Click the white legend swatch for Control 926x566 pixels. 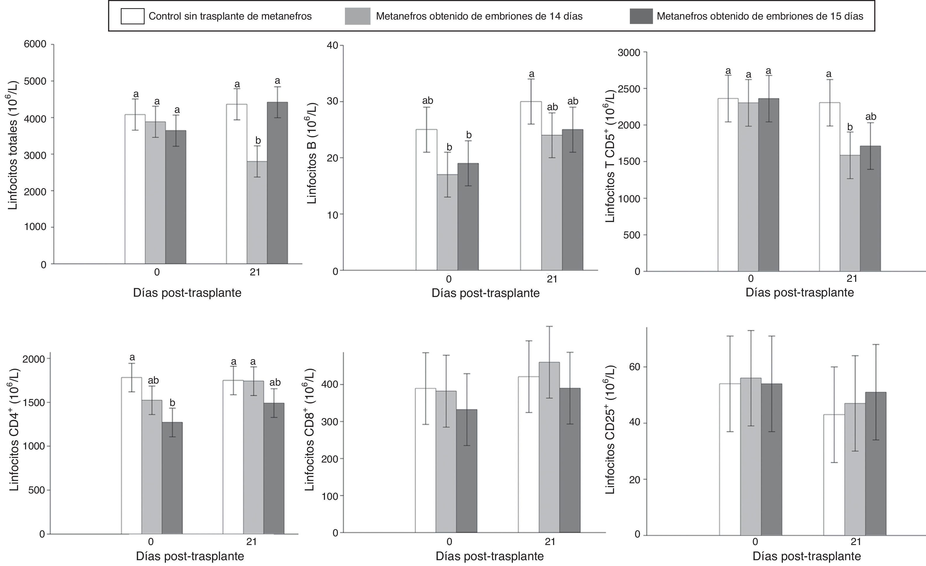(132, 16)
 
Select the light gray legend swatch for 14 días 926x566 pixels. (357, 16)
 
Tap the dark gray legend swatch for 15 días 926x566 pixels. (641, 16)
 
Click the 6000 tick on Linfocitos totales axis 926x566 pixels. (35, 44)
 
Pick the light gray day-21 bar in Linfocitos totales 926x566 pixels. (257, 212)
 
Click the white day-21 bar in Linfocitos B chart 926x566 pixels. (531, 186)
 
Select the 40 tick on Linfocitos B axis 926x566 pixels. (333, 45)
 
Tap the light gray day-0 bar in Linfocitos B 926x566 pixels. (448, 222)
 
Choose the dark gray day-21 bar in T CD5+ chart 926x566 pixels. (870, 208)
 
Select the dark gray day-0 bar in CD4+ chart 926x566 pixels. (172, 478)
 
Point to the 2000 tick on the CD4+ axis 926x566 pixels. (34, 359)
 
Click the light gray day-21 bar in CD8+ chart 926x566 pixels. (549, 447)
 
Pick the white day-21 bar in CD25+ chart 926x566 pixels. (834, 475)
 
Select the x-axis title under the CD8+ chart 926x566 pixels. (489, 556)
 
